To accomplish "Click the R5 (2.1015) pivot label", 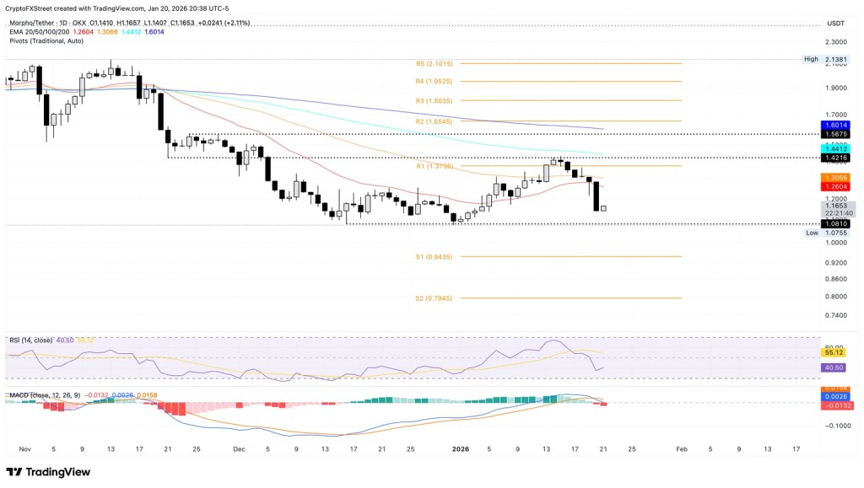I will click(x=435, y=63).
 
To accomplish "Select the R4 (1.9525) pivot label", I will click(x=435, y=82).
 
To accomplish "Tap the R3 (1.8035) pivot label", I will click(x=435, y=100).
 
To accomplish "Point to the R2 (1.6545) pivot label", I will click(x=435, y=121).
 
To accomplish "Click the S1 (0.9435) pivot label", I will click(x=435, y=256).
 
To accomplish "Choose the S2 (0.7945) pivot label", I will click(x=435, y=298).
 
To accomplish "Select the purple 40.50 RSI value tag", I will click(x=834, y=367).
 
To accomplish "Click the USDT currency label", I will click(x=836, y=23).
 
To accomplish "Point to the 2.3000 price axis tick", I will click(x=836, y=41).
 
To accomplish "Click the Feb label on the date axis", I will click(x=681, y=449).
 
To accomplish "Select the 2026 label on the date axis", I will click(x=461, y=449).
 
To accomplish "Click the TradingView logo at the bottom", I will click(x=48, y=473).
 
